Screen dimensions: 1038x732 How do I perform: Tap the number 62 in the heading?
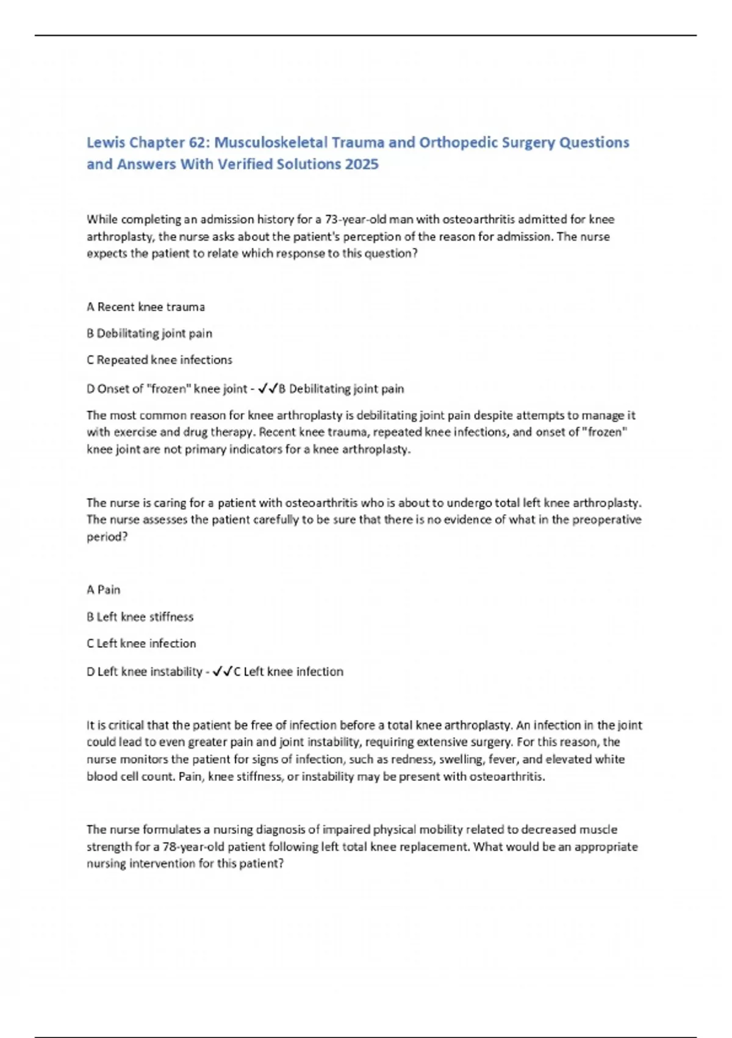click(x=198, y=142)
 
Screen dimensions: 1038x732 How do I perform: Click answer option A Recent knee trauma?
click(x=146, y=307)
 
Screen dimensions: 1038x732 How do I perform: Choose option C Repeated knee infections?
click(x=159, y=360)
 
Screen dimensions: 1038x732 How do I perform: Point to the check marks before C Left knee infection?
click(x=223, y=672)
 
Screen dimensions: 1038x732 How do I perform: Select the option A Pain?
click(x=104, y=590)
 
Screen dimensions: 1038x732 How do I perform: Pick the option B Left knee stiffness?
click(x=140, y=617)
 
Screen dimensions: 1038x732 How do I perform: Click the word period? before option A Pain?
click(x=107, y=537)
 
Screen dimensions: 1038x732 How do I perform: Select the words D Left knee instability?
click(x=145, y=672)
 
